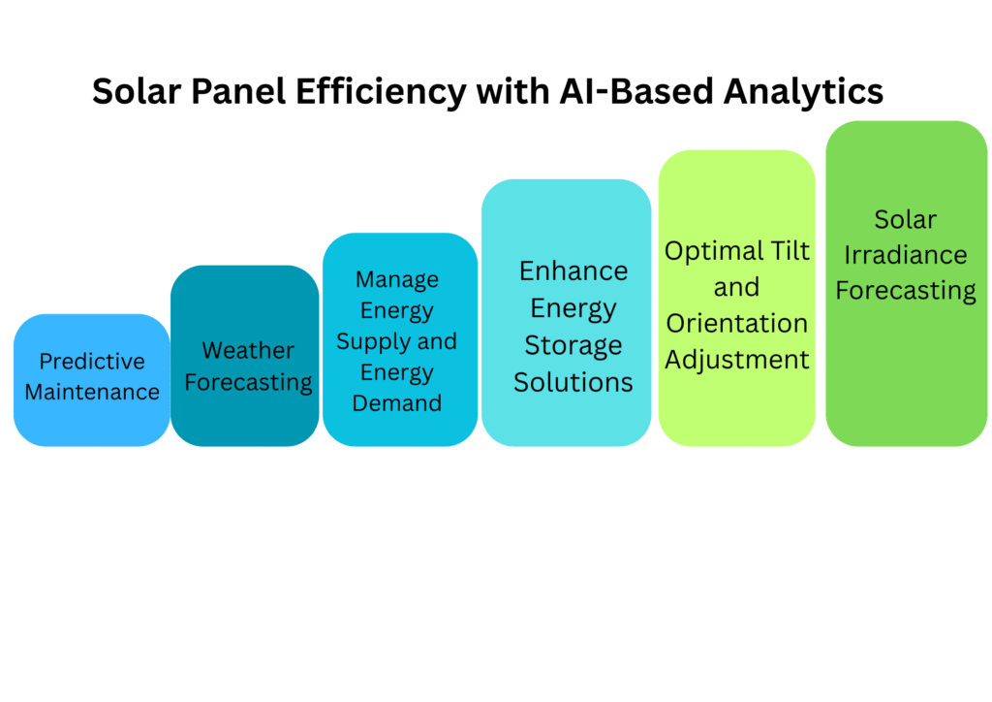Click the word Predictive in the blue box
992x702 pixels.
(92, 362)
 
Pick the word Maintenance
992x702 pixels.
(92, 393)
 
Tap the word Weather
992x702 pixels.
(248, 350)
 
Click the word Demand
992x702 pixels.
(397, 403)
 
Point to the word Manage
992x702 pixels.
(397, 279)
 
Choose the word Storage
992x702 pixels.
(573, 345)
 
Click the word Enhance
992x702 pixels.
(573, 271)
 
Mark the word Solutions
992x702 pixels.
(573, 382)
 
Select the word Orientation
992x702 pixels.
(737, 323)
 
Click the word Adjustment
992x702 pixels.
(737, 360)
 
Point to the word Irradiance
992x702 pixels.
(906, 255)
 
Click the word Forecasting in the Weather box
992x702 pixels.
(248, 382)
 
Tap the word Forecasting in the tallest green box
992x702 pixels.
(906, 290)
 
